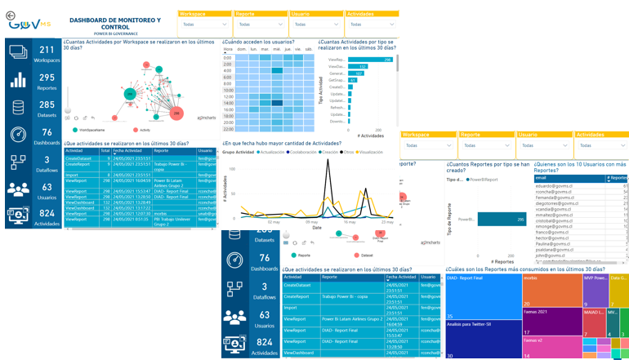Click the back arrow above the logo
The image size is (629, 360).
(x=10, y=15)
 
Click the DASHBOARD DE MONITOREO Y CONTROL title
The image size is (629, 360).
(x=114, y=22)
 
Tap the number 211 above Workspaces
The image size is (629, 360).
(x=46, y=51)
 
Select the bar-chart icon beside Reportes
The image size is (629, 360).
(x=18, y=80)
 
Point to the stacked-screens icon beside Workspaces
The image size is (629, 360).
(x=18, y=52)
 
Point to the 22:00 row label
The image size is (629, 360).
(x=228, y=129)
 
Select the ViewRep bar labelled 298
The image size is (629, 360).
(x=372, y=60)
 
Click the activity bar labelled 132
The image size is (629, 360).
(x=358, y=67)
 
